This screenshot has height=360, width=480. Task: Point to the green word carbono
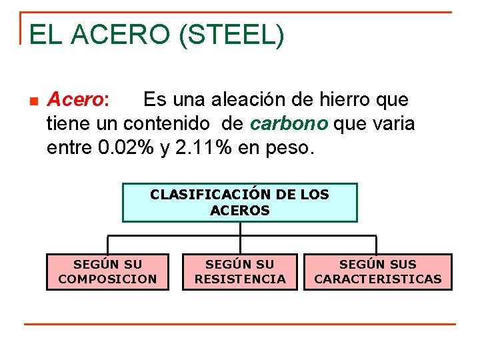coord(289,123)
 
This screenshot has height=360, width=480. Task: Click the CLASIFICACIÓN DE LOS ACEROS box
coord(240,202)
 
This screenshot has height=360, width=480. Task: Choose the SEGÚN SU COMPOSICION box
coord(107,272)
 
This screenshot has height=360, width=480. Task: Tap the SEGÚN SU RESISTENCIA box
coord(240,272)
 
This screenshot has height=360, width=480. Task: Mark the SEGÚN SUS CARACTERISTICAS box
coord(378,272)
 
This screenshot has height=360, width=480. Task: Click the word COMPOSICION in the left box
coord(107,279)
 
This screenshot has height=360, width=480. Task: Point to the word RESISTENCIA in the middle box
coord(240,279)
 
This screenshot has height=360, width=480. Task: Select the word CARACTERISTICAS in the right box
coord(378,279)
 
